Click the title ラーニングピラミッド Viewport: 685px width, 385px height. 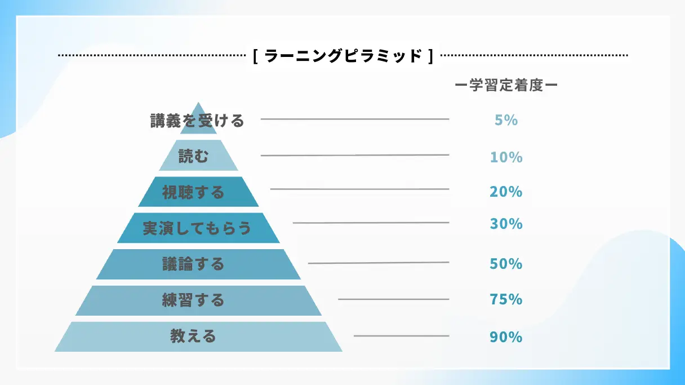(343, 56)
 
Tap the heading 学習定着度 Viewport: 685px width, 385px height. (506, 85)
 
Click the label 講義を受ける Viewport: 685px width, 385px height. (197, 120)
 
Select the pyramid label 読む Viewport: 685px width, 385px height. (193, 156)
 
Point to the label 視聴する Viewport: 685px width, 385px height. (193, 192)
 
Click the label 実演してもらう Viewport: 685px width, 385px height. (197, 228)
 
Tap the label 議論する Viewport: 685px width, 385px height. (193, 264)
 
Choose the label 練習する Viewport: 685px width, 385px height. (193, 300)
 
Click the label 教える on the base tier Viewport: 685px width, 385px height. (193, 337)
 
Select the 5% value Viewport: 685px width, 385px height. (506, 120)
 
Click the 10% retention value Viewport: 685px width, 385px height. (506, 157)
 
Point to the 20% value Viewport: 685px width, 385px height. (506, 192)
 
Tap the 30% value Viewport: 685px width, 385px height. (506, 224)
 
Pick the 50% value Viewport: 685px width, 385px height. (506, 263)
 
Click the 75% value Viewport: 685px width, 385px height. (506, 299)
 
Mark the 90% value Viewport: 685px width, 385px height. (506, 337)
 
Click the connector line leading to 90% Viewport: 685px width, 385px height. (401, 336)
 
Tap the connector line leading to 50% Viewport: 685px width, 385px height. (379, 263)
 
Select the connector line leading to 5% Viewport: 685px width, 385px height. (355, 119)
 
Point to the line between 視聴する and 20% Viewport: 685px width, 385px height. (359, 189)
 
